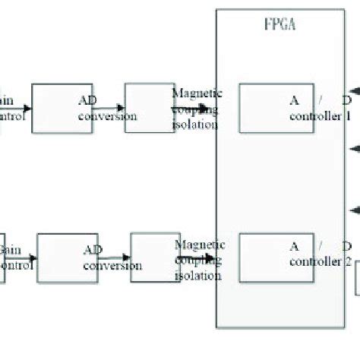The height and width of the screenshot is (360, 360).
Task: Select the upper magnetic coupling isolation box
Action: pos(149,107)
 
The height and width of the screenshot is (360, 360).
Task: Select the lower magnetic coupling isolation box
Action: pos(155,257)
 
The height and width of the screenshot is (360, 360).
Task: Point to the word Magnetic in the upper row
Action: pos(197,94)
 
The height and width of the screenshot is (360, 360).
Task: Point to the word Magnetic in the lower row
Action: pos(200,245)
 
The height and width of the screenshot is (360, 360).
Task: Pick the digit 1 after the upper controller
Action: pos(348,118)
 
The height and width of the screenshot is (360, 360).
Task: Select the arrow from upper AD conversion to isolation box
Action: pos(110,109)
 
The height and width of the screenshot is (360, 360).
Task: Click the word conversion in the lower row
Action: pos(113,266)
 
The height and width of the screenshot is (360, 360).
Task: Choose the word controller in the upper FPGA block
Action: pos(315,117)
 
